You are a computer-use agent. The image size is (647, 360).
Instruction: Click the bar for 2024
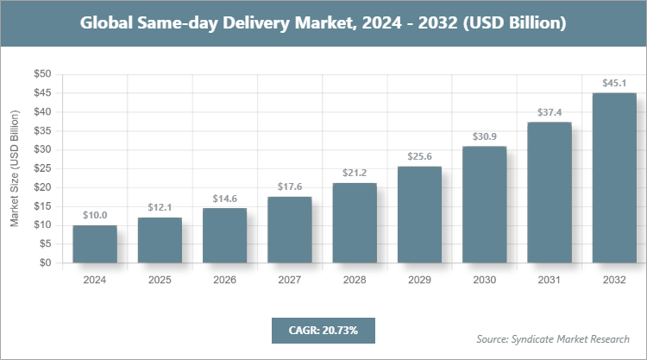coord(95,244)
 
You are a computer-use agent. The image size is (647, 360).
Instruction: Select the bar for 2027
coord(289,230)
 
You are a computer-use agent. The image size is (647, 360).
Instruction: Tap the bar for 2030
coord(484,205)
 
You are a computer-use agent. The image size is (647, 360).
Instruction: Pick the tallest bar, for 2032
coord(614,178)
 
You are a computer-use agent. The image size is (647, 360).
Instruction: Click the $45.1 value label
coord(614,84)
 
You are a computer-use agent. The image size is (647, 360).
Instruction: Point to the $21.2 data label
coord(355,174)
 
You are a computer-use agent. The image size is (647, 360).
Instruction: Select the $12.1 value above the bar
coord(160,208)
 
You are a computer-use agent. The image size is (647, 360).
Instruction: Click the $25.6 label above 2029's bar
coord(419,157)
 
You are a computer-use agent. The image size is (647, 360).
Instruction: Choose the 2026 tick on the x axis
coord(224,281)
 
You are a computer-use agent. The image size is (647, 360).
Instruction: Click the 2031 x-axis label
coord(550,281)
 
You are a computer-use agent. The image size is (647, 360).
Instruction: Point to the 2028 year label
coord(355,281)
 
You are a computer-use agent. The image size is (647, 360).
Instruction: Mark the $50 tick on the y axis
coord(42,74)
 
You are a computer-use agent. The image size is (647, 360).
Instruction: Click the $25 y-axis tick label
coord(42,168)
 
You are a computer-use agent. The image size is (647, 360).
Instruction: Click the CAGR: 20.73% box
coord(323,330)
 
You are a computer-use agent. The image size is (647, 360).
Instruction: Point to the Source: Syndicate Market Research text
coord(553,338)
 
